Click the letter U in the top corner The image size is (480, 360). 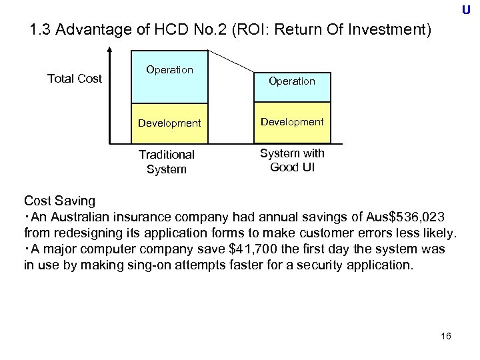(465, 10)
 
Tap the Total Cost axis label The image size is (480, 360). (75, 79)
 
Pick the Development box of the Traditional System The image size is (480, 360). (169, 123)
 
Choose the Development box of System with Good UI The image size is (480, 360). (291, 122)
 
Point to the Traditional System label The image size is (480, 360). (167, 161)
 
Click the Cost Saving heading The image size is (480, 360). (59, 200)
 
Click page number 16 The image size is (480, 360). (446, 335)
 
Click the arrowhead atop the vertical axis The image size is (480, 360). (109, 51)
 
